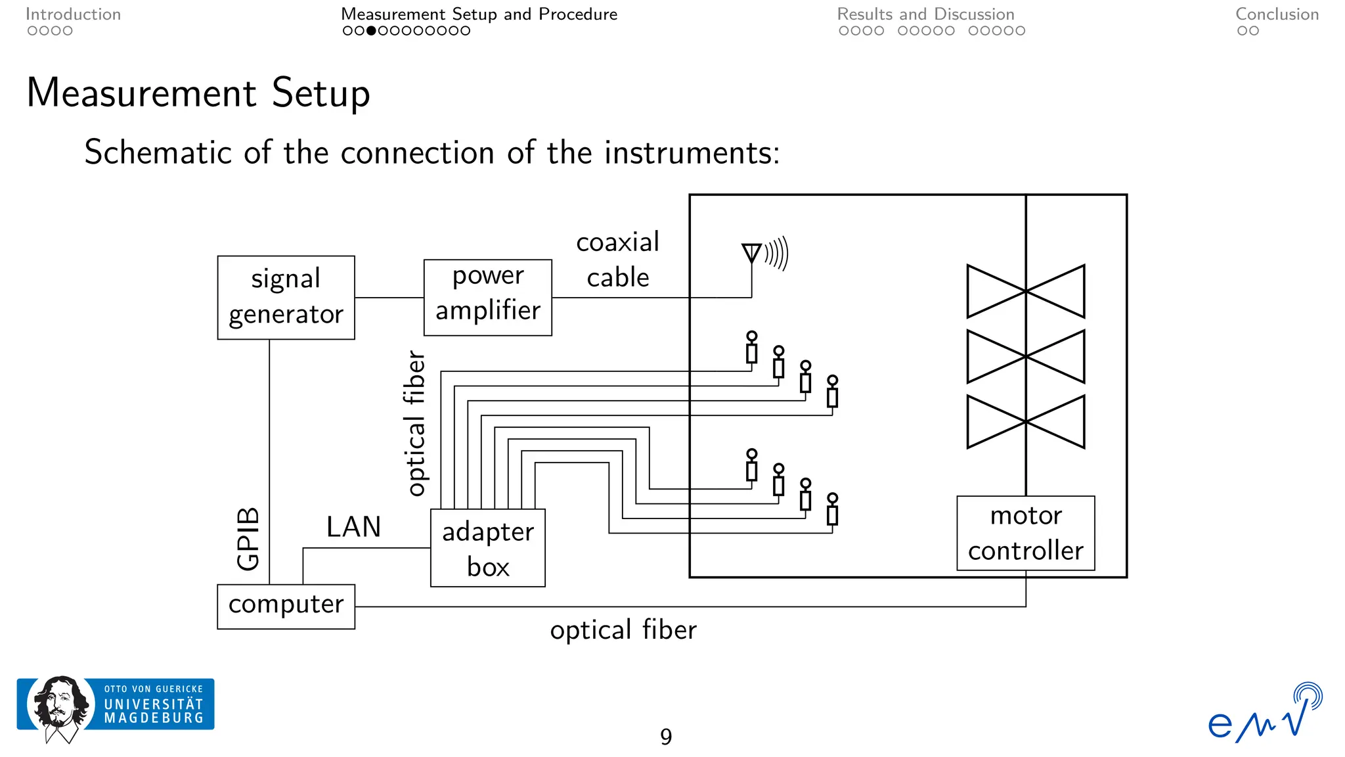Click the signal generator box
point(286,297)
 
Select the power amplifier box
point(487,297)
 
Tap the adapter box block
point(487,548)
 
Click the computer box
point(286,606)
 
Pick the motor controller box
point(1025,533)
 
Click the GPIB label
point(248,539)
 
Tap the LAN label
point(353,527)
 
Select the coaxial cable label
point(617,260)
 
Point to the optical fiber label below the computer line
point(623,630)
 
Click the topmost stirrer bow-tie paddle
point(1025,291)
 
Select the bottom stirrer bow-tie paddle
point(1025,421)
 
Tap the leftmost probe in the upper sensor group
point(751,348)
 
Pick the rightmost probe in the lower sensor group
point(832,510)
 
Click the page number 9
point(665,737)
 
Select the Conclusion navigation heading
point(1277,14)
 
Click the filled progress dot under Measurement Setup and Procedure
point(371,31)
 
